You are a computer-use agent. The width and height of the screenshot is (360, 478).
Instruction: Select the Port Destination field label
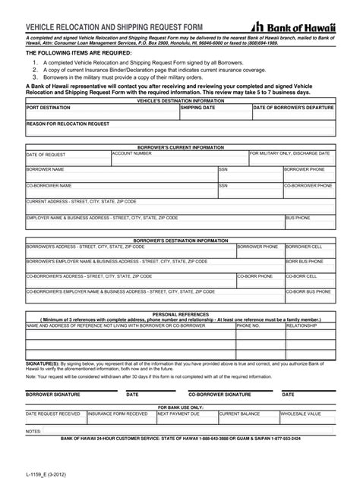[50, 108]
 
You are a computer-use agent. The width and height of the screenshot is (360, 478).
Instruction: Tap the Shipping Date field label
[198, 108]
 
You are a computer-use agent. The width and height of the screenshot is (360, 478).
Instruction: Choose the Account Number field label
[132, 153]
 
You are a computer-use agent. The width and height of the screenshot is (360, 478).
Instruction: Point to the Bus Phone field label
[298, 218]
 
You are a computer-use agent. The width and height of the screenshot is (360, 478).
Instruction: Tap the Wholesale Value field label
[301, 414]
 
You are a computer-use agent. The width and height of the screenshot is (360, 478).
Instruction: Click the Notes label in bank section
[33, 430]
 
